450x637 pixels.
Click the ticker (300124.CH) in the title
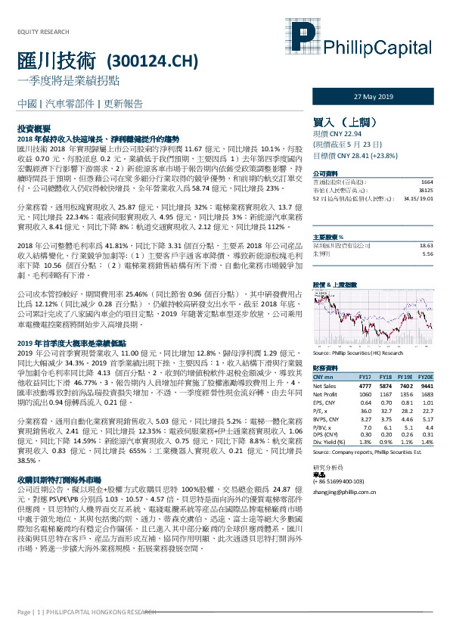146,61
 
